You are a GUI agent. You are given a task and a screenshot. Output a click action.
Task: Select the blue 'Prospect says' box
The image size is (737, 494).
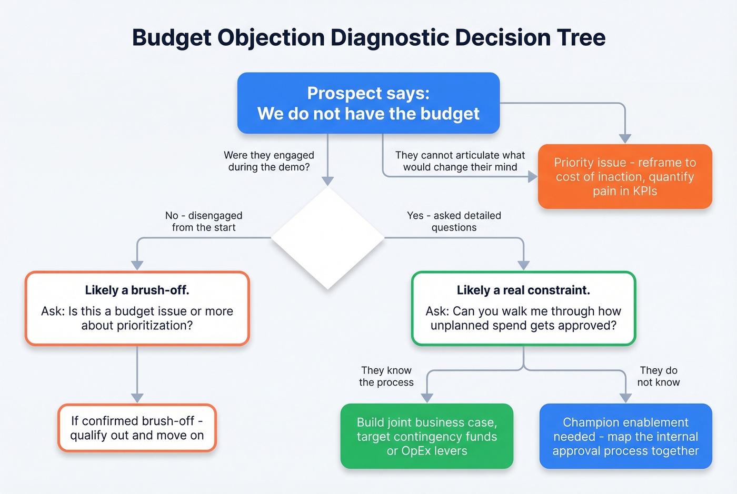coord(368,103)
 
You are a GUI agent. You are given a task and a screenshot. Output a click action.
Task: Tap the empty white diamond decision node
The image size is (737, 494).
coord(327,238)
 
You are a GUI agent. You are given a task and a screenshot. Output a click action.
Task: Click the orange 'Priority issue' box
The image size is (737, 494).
coord(625,177)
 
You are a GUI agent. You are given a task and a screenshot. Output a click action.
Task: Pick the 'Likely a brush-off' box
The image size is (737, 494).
coord(137,308)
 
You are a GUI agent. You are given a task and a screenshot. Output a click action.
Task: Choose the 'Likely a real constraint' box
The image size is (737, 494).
coord(523,308)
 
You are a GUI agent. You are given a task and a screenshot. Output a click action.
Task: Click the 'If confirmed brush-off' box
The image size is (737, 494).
coord(137,428)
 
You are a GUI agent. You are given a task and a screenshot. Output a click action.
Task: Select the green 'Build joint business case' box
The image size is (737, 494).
coord(427,436)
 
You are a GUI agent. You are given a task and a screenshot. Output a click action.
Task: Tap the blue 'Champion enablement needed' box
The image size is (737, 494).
coord(625,436)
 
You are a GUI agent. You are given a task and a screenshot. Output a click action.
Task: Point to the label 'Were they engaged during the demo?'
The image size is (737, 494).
coord(268,161)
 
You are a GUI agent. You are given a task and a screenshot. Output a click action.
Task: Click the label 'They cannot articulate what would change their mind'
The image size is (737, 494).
coord(460,161)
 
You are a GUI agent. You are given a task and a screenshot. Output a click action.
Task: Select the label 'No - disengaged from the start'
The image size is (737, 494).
coord(204,221)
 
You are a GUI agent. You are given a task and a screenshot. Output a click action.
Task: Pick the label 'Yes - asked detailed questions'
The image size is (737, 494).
coord(454,221)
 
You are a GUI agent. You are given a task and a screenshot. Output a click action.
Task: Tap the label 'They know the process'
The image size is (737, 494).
coord(386,376)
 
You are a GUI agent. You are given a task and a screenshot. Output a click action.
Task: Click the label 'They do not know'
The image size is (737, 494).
coord(658,376)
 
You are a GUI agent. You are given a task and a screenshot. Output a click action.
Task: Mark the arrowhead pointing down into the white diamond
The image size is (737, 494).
coord(327,181)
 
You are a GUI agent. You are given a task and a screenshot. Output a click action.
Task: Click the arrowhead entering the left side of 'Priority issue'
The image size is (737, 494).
coord(532,177)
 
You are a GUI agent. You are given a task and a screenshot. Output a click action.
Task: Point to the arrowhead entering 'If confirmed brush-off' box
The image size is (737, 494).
coord(137,398)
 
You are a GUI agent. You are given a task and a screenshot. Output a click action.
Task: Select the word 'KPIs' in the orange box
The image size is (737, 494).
coord(645,191)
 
